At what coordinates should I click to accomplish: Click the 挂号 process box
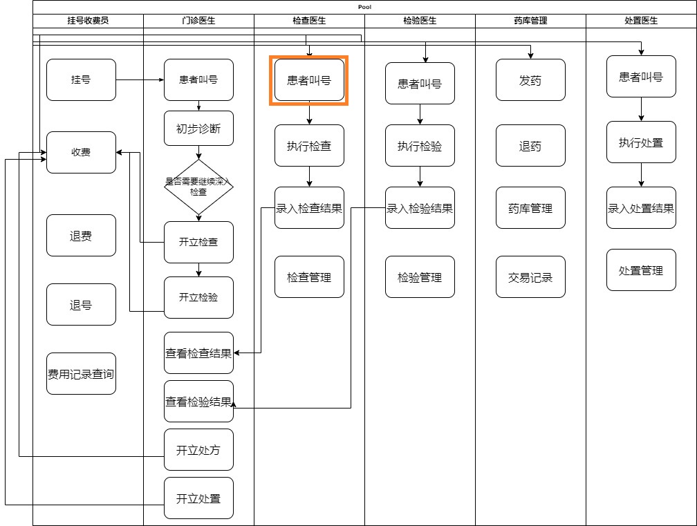coord(81,79)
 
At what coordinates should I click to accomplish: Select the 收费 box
coord(81,152)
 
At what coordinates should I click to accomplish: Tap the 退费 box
coord(81,236)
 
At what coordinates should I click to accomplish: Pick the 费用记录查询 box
coord(81,374)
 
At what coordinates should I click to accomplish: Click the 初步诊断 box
coord(198,128)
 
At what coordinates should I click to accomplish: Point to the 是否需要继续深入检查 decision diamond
coord(198,187)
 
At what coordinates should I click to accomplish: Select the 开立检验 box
coord(198,297)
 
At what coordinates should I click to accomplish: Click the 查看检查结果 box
coord(198,353)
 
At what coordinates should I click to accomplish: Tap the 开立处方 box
coord(198,450)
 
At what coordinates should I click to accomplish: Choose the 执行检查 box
coord(309,145)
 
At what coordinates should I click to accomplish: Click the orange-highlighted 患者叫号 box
coord(309,80)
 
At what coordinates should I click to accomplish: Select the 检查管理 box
coord(309,276)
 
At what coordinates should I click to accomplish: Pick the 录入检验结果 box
coord(420,207)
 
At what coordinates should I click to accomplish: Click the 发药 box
coord(530,80)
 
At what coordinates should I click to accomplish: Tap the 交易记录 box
coord(530,276)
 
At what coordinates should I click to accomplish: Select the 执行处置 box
coord(641,142)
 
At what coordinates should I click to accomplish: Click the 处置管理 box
coord(641,270)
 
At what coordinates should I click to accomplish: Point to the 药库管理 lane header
coord(530,21)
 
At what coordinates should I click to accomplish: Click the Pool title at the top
coord(364,7)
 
